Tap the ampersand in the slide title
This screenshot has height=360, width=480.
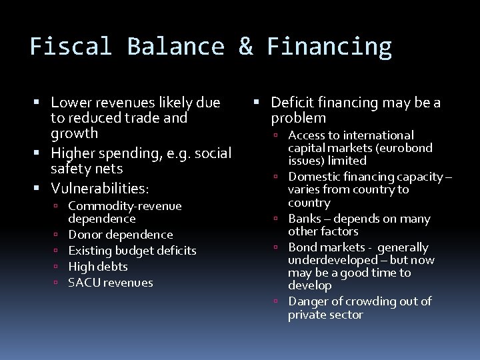245,47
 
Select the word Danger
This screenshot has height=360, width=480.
307,301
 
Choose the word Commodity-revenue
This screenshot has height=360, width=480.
125,206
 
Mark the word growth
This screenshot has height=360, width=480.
74,133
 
